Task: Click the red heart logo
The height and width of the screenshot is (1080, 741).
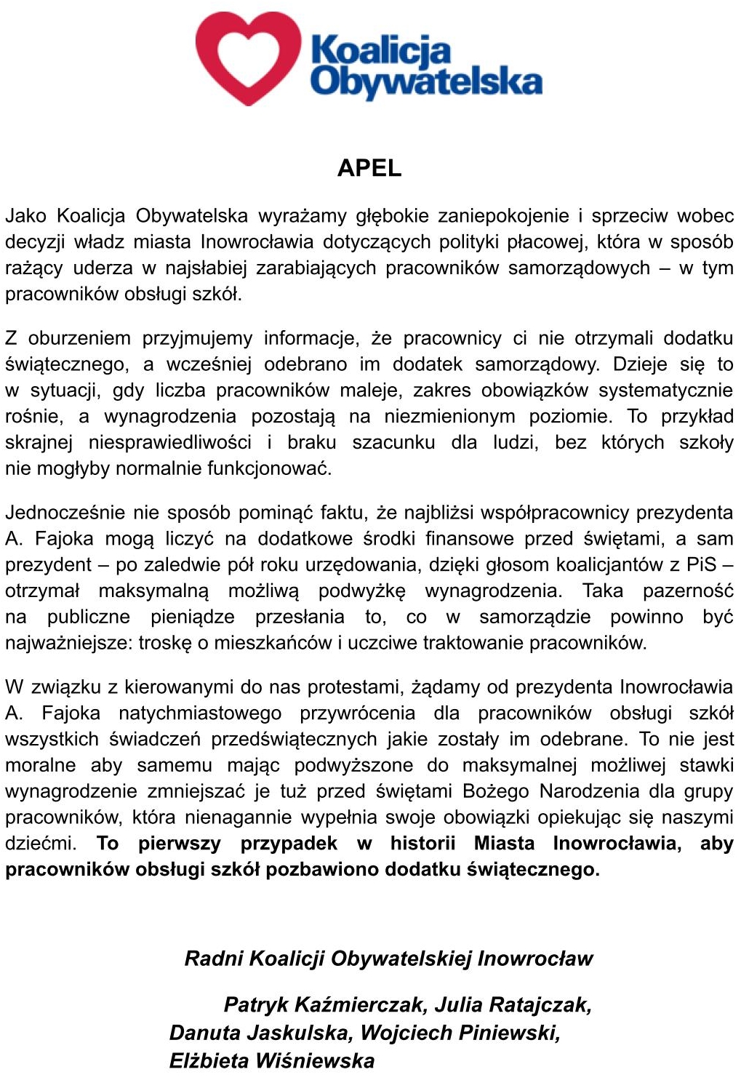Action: point(248,57)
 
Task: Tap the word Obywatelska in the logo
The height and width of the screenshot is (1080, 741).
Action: point(426,81)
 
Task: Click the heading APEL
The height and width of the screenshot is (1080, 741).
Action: point(369,168)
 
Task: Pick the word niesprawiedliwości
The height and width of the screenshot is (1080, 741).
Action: point(170,443)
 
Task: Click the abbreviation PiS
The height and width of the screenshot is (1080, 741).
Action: point(702,565)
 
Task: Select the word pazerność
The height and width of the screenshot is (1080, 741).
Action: point(688,591)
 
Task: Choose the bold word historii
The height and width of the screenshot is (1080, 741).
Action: point(422,844)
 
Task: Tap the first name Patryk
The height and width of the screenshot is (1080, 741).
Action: point(255,1005)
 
